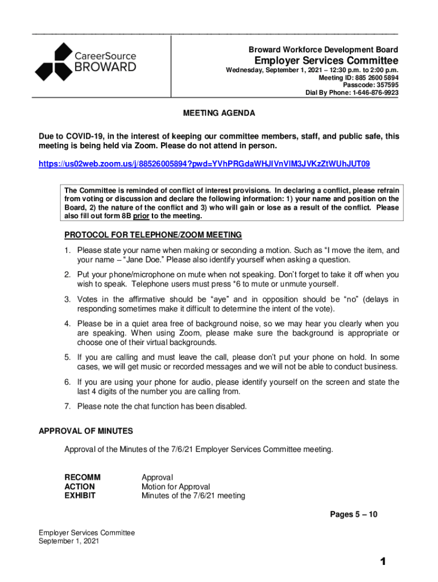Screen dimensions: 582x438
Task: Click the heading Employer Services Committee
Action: [x=326, y=61]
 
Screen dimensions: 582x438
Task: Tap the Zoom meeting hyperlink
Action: [x=204, y=164]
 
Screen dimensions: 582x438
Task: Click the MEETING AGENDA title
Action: [x=219, y=113]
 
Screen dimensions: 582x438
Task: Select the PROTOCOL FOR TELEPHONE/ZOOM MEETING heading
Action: [x=153, y=235]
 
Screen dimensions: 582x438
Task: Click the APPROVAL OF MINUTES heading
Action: [x=86, y=431]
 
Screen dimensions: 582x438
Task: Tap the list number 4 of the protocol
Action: [x=67, y=323]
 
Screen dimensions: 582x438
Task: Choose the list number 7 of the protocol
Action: [x=67, y=406]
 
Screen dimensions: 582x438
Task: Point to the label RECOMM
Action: [x=82, y=477]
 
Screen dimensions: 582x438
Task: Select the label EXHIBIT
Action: [x=80, y=496]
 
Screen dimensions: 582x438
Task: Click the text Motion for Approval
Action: [x=176, y=487]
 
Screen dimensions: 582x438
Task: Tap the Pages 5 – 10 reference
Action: [x=354, y=515]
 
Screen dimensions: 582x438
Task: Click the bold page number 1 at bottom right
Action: [x=384, y=562]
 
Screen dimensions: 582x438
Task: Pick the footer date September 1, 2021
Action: [x=69, y=542]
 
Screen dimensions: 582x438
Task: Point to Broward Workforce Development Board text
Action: [x=324, y=50]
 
